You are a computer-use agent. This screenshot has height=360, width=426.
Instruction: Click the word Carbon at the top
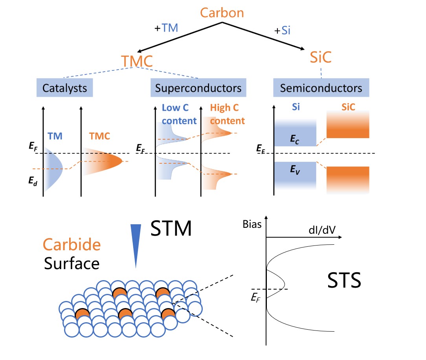[x=222, y=13]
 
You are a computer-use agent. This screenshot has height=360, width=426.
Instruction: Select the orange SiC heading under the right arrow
[x=320, y=57]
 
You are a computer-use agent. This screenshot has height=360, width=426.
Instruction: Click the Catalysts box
[x=64, y=88]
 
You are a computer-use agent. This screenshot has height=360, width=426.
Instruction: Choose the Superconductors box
[x=198, y=88]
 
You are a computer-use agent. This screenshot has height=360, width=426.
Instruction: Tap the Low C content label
[x=179, y=114]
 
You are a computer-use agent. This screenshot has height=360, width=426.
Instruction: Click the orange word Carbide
[x=72, y=245]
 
